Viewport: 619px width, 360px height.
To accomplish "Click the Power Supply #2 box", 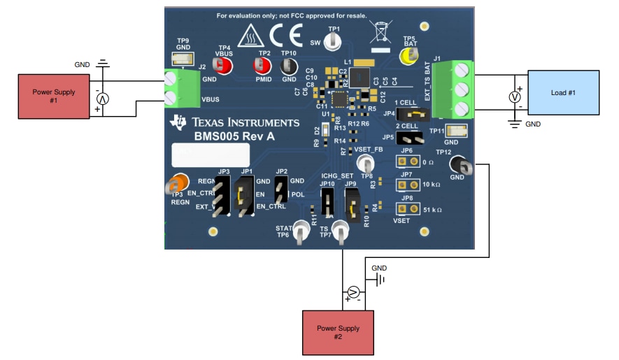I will tap(329, 332).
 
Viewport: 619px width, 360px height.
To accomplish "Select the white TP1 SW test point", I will tap(334, 39).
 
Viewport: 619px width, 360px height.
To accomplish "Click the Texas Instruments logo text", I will tap(245, 122).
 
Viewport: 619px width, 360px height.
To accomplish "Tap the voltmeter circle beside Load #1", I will tap(514, 98).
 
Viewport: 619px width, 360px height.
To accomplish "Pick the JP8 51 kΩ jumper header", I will tap(404, 208).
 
